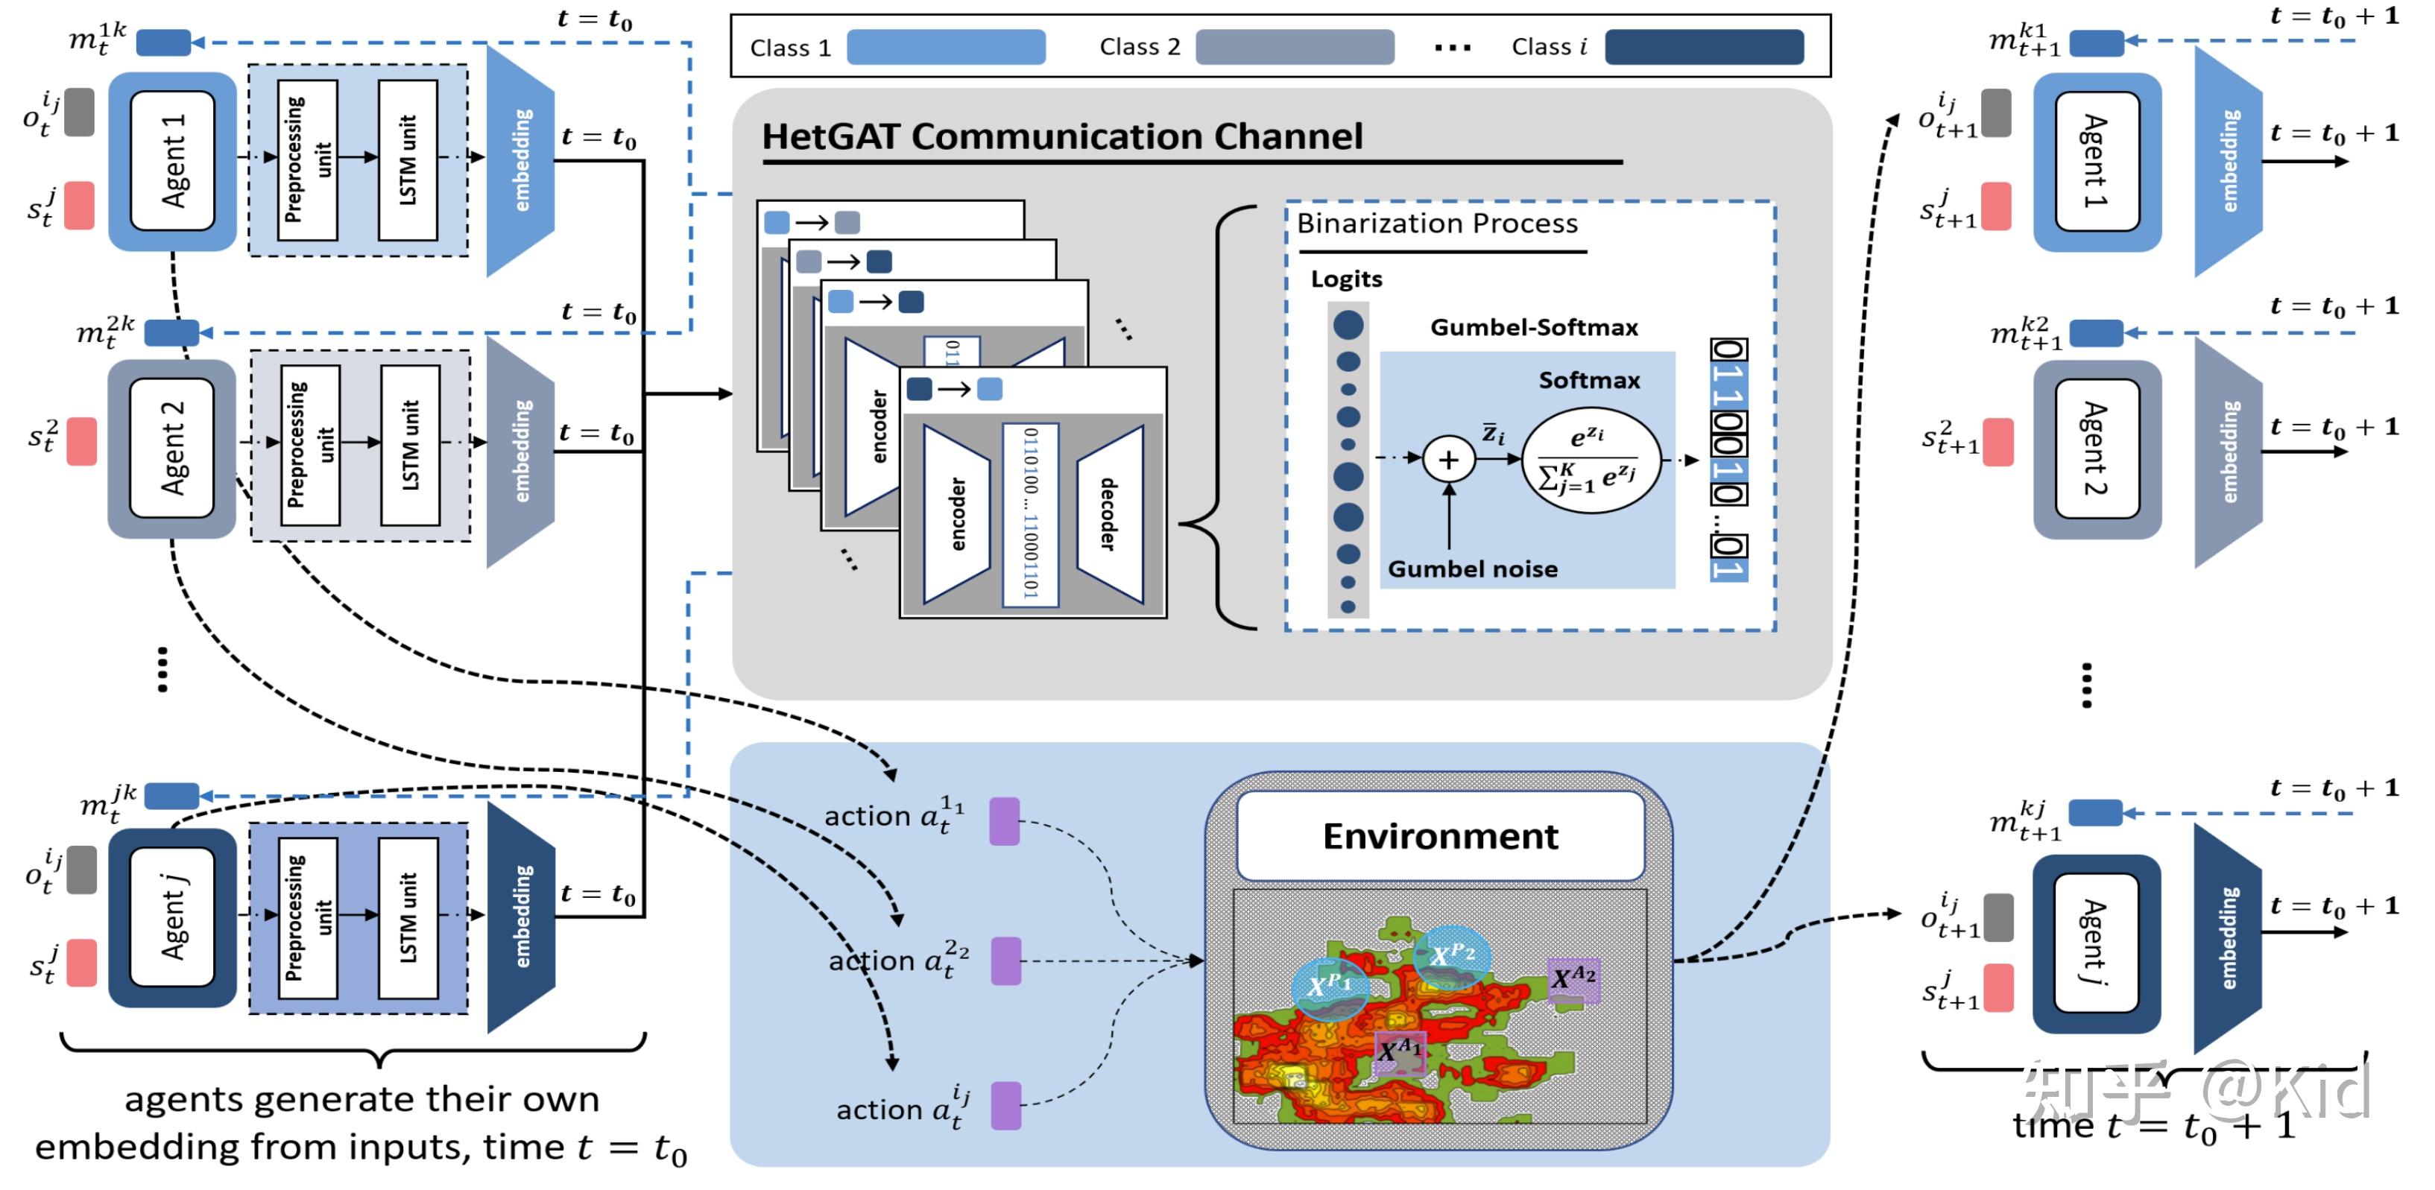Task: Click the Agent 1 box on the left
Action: (172, 161)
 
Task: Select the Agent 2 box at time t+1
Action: (2096, 449)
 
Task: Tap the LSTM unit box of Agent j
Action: (408, 917)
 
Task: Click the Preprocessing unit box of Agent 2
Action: (310, 444)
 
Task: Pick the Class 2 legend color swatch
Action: (1294, 46)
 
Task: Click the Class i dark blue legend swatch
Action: (1703, 46)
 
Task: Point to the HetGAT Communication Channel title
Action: (1061, 137)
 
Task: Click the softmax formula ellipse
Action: (1591, 461)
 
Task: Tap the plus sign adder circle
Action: (1448, 461)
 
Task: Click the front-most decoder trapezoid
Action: (1110, 514)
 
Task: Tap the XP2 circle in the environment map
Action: (1452, 957)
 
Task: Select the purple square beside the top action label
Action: (1004, 820)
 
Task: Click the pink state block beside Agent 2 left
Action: (81, 441)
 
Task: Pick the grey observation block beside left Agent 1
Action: (80, 113)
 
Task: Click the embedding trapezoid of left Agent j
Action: (521, 917)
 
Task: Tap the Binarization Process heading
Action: (1437, 224)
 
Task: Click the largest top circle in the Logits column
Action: (1348, 325)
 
